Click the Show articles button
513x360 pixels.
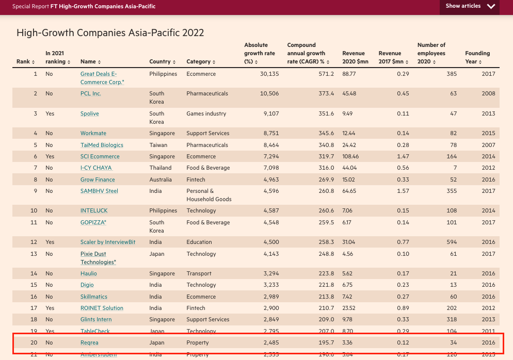(470, 7)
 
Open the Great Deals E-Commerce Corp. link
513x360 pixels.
(98, 74)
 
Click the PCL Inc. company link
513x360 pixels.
(90, 93)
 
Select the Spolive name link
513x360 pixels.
(89, 113)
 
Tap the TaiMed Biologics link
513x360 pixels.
(102, 145)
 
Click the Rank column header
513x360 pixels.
(25, 62)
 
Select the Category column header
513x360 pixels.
(201, 62)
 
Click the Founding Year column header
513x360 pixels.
(477, 57)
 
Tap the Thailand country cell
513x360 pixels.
(161, 168)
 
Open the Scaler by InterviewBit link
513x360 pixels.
(107, 242)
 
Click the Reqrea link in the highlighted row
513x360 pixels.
(89, 342)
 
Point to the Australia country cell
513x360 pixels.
(161, 179)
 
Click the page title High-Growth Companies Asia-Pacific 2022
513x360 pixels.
(110, 33)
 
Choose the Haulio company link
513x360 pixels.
(88, 273)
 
